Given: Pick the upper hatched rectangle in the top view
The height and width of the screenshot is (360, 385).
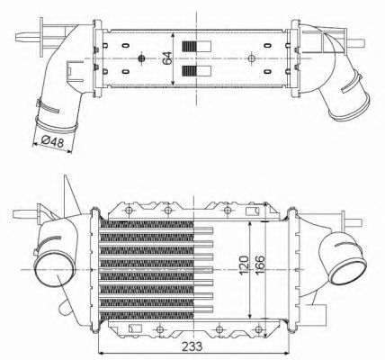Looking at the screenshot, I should (189, 48).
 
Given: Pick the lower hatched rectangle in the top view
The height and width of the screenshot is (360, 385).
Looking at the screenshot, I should (189, 70).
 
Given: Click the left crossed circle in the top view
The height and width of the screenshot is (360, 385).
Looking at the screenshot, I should (141, 59).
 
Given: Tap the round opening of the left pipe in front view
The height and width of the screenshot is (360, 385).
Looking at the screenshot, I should (49, 267).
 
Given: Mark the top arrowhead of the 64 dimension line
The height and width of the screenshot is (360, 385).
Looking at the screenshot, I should (174, 33).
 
